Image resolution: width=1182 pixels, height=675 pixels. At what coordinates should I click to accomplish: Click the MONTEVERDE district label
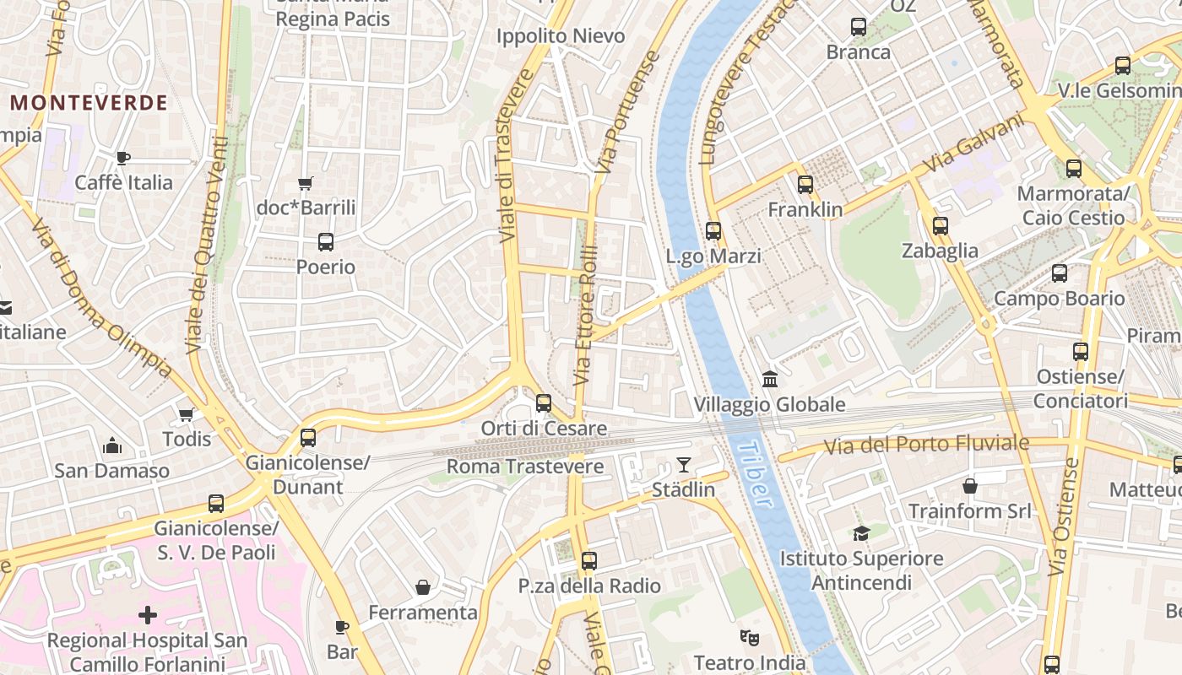pyautogui.click(x=89, y=103)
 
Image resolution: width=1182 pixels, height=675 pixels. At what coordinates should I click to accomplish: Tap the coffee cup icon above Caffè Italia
pyautogui.click(x=123, y=158)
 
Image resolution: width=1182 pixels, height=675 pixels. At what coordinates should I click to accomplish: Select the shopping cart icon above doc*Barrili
pyautogui.click(x=306, y=183)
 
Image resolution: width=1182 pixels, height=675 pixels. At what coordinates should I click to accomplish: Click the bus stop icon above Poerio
pyautogui.click(x=326, y=242)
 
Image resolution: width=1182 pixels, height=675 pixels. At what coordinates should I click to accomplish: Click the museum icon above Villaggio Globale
pyautogui.click(x=769, y=380)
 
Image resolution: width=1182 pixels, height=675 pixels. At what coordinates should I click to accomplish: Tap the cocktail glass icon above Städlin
pyautogui.click(x=683, y=465)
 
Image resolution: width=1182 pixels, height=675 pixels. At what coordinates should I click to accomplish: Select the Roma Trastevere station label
pyautogui.click(x=525, y=467)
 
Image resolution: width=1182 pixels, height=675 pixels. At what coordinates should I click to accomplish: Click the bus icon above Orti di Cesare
pyautogui.click(x=544, y=403)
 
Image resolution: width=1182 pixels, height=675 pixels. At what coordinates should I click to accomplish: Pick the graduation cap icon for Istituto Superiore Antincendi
pyautogui.click(x=861, y=533)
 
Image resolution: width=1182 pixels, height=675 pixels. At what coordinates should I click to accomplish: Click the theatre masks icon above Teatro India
pyautogui.click(x=749, y=637)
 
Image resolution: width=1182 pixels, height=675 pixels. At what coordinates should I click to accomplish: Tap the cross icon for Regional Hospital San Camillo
pyautogui.click(x=148, y=614)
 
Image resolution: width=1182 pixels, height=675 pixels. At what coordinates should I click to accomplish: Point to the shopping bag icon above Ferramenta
pyautogui.click(x=423, y=587)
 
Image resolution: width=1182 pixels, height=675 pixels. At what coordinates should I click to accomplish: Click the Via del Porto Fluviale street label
pyautogui.click(x=926, y=444)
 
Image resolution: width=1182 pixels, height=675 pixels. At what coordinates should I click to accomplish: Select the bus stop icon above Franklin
pyautogui.click(x=805, y=184)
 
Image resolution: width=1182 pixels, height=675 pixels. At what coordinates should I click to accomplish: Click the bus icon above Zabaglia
pyautogui.click(x=941, y=225)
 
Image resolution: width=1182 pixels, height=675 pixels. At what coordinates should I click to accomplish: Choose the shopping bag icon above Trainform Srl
pyautogui.click(x=970, y=486)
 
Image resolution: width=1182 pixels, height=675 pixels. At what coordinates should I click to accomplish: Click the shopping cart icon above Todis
pyautogui.click(x=187, y=414)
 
